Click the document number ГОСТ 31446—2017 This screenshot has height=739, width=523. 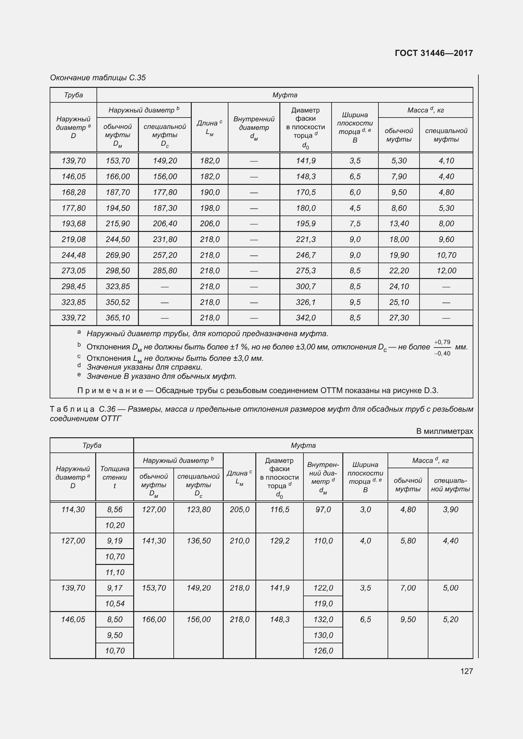coord(433,53)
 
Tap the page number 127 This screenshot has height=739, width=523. coord(466,671)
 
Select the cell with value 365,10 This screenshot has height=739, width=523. coord(118,318)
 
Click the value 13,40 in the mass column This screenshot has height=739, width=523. coord(399,223)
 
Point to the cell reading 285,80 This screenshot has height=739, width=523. coord(165,270)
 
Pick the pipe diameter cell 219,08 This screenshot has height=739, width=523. coord(73,239)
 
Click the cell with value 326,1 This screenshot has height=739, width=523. coord(306,302)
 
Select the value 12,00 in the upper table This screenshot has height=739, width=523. coord(446,270)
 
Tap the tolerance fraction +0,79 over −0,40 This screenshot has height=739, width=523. coord(442,348)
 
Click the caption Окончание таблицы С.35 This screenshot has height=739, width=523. coord(98,78)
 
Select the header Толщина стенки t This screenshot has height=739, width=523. coord(115,477)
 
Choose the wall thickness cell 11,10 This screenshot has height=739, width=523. coord(115,572)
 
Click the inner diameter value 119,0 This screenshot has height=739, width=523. coord(323,603)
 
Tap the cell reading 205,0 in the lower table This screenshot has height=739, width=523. coord(240,509)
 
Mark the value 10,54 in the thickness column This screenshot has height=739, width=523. coord(115,603)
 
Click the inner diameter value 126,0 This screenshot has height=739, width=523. coord(323,651)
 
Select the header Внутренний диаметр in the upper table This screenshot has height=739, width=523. coord(254,127)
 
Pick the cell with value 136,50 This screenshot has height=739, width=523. coord(198,540)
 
